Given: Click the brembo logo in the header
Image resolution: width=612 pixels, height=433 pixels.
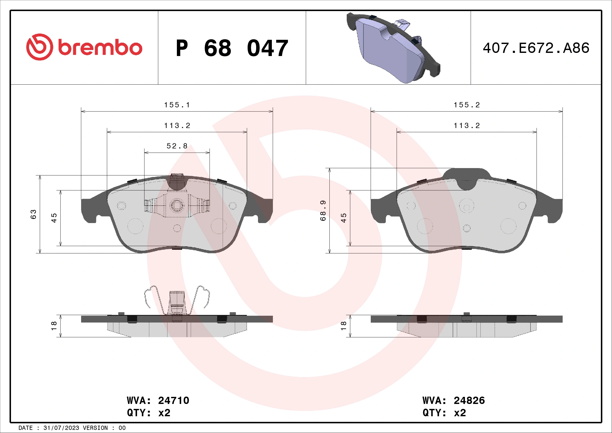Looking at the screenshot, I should point(84,47).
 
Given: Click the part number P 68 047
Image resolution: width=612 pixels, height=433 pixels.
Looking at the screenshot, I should point(232,48).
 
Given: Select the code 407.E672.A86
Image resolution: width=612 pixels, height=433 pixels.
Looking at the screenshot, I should point(536,48).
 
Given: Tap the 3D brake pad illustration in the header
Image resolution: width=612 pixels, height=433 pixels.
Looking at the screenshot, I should point(393,48).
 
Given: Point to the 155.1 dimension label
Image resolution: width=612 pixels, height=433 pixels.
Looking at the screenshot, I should point(177,105).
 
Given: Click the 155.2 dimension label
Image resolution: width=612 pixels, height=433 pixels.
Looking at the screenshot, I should point(467,105).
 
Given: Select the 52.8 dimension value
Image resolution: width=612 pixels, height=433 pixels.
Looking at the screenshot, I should point(177,146).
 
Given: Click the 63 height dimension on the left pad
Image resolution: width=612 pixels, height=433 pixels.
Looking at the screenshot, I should point(33,214).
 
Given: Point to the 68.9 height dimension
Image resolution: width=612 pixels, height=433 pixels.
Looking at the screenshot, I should point(323,211).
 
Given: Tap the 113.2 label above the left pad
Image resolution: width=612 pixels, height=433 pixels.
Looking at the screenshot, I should point(177,126).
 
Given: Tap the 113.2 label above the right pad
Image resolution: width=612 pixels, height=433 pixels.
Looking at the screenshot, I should point(467,126).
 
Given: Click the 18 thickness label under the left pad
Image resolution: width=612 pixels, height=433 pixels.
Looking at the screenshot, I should point(54,326).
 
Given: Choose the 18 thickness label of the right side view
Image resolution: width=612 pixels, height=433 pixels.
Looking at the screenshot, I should point(344,326).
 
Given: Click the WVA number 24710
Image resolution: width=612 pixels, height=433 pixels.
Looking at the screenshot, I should point(173,401).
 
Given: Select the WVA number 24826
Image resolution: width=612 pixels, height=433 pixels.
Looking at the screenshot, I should point(469,401).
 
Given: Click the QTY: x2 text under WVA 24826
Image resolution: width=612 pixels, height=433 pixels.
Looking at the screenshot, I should point(444,413).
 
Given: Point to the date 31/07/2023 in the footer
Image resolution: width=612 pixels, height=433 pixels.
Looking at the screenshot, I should point(61,428).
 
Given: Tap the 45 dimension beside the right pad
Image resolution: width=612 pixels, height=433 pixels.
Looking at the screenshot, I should point(344,218).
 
